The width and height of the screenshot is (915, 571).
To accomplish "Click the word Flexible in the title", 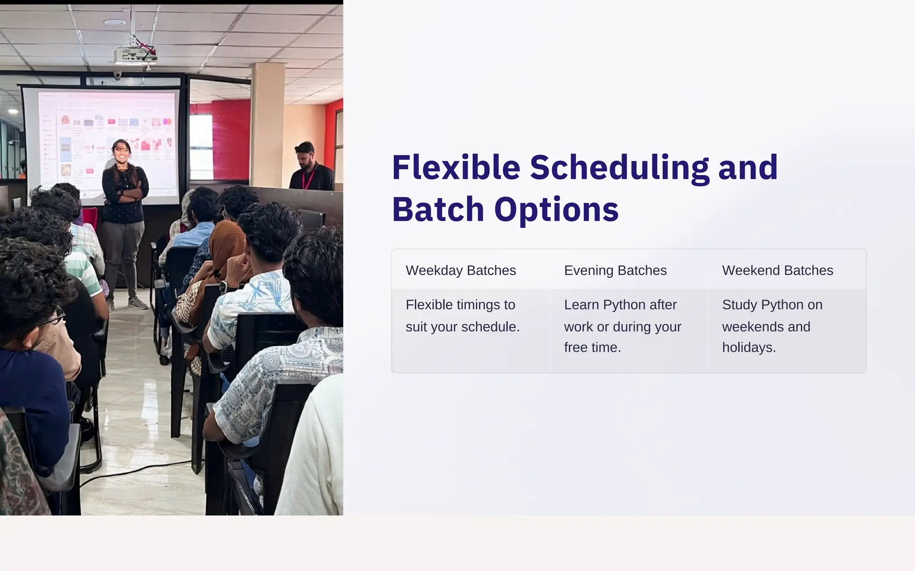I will click(456, 168).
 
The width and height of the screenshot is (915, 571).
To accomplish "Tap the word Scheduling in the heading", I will click(619, 168).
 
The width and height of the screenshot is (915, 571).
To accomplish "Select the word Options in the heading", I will click(556, 210).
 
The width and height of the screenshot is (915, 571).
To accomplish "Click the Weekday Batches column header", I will click(461, 270).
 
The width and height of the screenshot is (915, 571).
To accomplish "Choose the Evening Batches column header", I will click(615, 270).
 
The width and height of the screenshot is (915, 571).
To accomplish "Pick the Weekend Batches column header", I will click(777, 270).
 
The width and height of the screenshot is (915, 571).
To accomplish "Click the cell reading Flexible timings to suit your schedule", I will click(462, 316).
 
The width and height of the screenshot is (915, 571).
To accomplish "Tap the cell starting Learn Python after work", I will click(622, 326).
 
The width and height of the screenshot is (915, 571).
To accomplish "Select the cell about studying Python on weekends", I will click(772, 326).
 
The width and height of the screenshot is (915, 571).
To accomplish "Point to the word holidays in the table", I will click(748, 348).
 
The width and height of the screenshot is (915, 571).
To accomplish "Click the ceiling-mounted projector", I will click(134, 55).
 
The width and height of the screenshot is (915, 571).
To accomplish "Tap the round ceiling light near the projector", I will click(115, 22).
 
